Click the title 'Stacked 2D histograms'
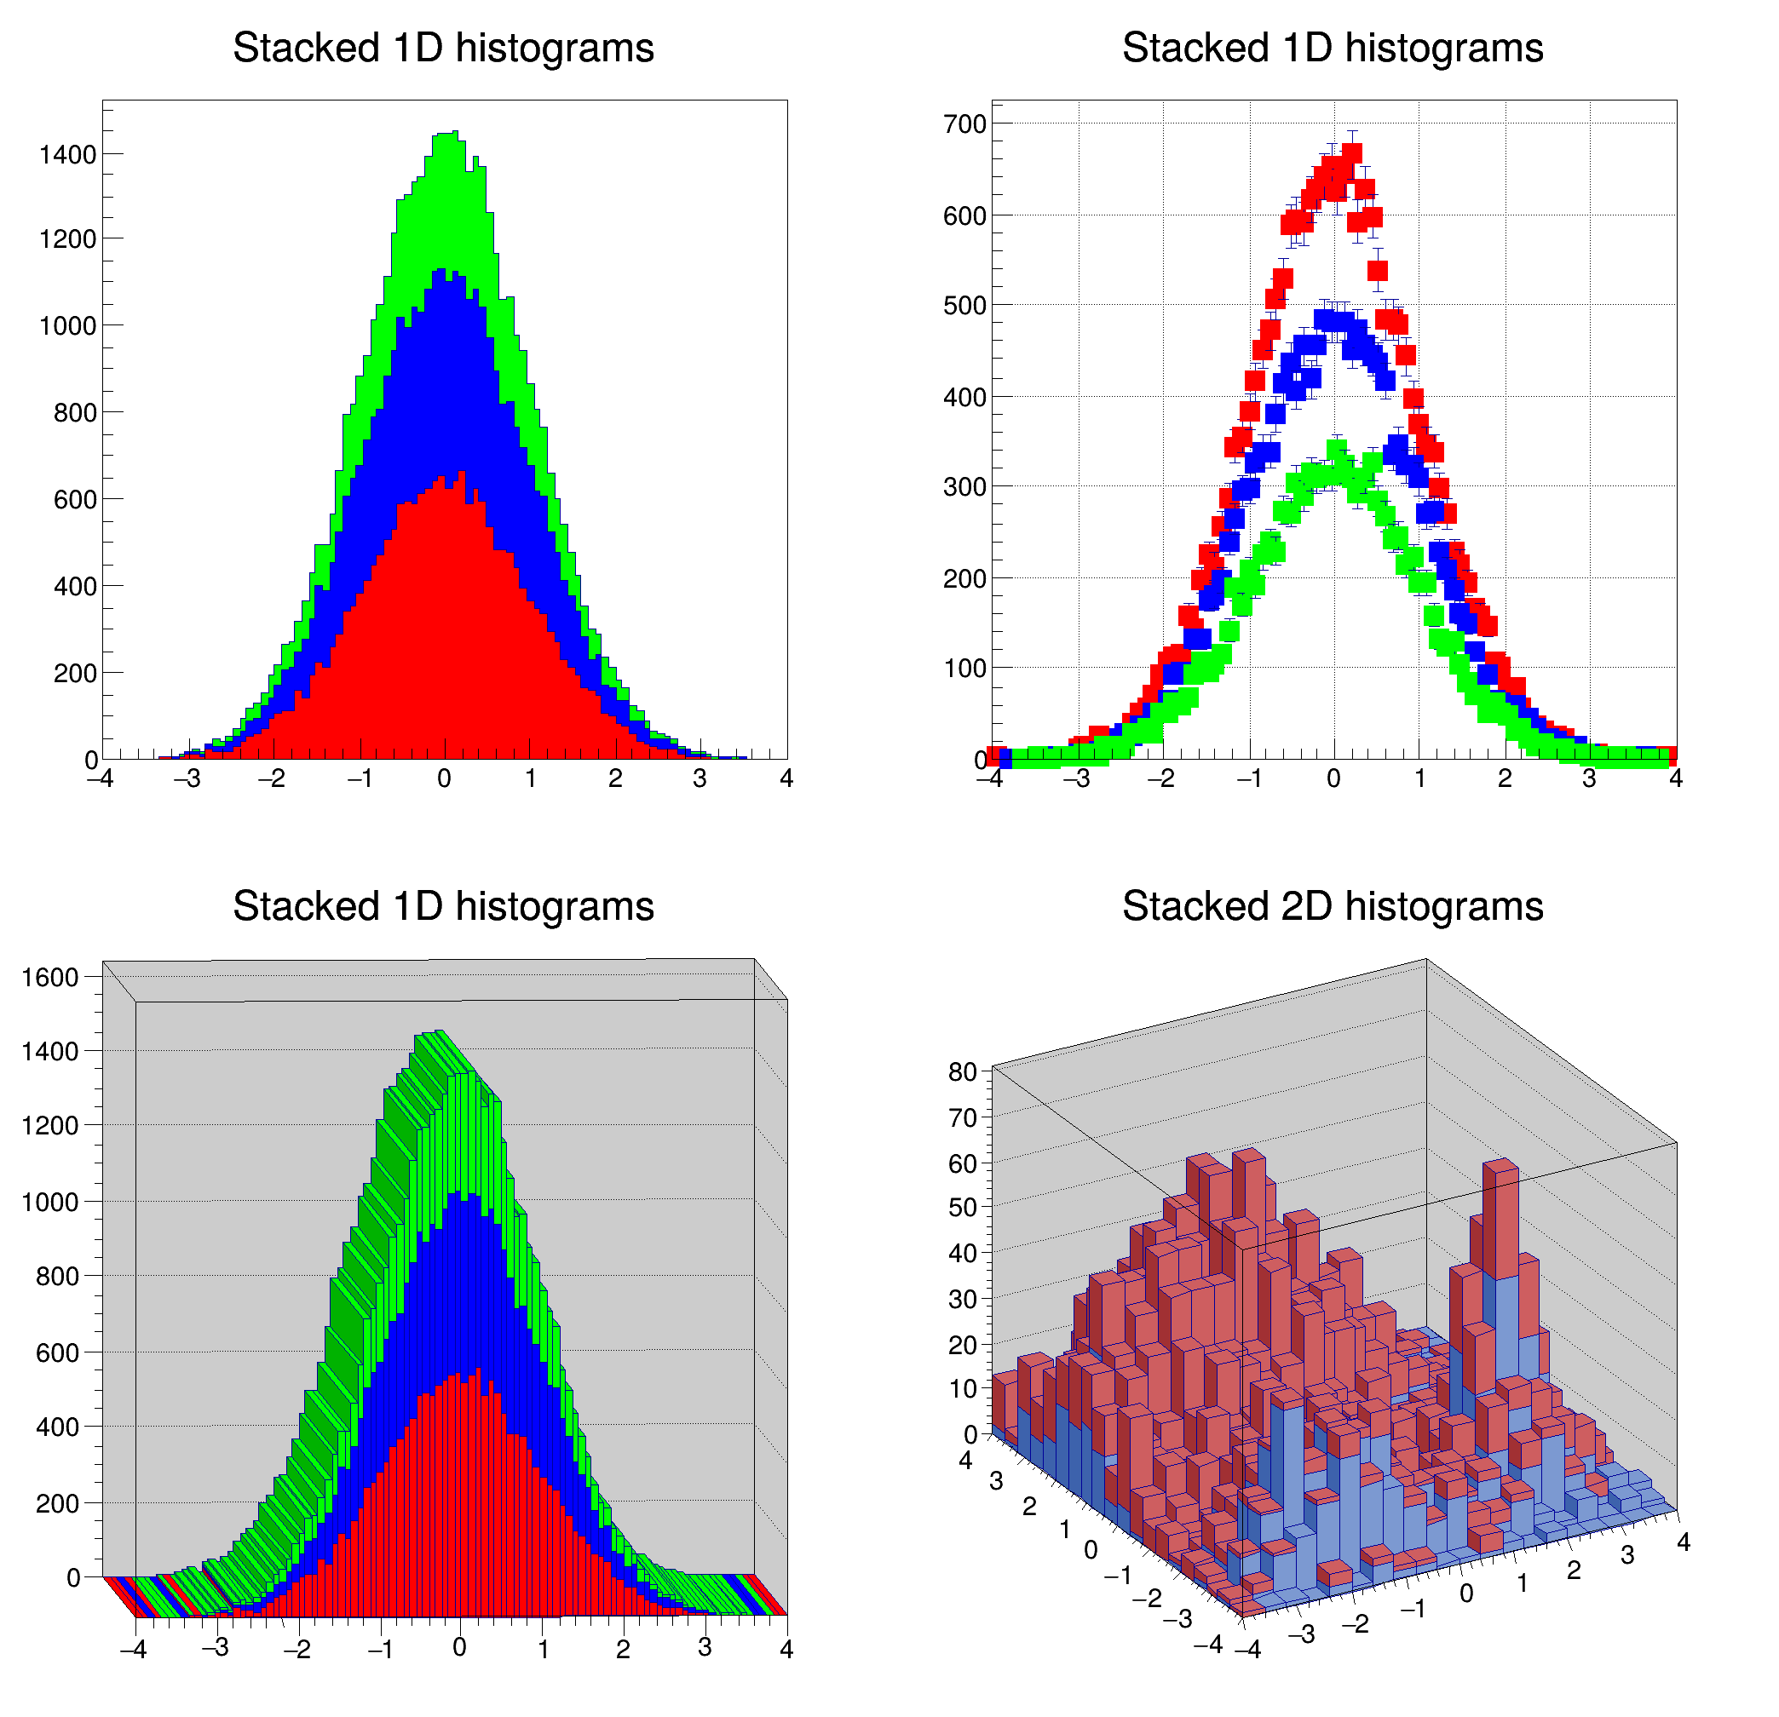coord(1332,905)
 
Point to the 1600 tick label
coord(50,978)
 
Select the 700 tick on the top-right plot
coord(964,124)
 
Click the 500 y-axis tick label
coord(964,306)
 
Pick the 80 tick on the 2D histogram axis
coord(962,1071)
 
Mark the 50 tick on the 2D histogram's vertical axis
coord(962,1207)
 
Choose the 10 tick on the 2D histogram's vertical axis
coord(962,1388)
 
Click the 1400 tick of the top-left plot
coord(67,155)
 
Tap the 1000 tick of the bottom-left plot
coord(50,1202)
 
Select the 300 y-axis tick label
coord(964,487)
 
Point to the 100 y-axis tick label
coord(964,669)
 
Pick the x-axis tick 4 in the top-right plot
coord(1676,778)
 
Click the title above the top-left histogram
coord(443,47)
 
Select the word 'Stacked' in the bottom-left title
coord(305,905)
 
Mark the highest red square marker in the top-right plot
coord(1351,152)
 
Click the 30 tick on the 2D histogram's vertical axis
coord(962,1299)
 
